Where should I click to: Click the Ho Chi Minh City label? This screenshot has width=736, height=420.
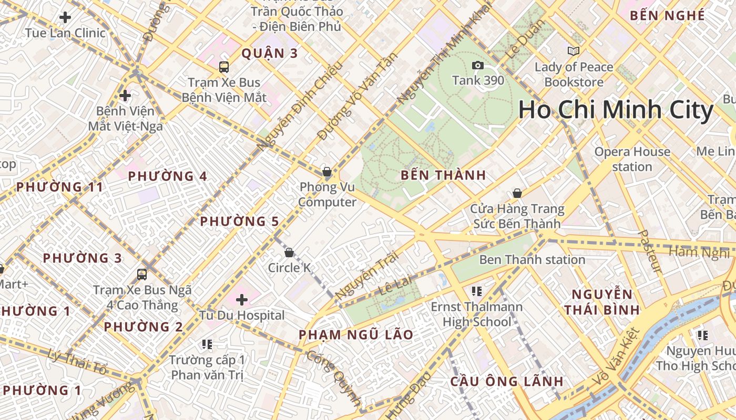click(x=616, y=110)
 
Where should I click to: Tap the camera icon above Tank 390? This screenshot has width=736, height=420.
click(x=478, y=65)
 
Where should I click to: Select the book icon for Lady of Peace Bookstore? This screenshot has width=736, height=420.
click(x=573, y=51)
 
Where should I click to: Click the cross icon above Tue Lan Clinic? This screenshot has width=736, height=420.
click(x=65, y=17)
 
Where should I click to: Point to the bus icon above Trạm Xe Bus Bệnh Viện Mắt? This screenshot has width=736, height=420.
click(x=224, y=67)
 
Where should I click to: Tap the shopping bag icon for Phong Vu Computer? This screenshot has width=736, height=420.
click(x=327, y=172)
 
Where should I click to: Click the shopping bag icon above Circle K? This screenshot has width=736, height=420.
click(x=289, y=253)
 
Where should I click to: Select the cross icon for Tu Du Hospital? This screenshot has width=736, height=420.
click(x=242, y=300)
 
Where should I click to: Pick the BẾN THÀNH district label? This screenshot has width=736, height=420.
click(x=443, y=175)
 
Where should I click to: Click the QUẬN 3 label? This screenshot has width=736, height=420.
click(x=270, y=53)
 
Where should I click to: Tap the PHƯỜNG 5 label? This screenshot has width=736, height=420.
click(x=239, y=222)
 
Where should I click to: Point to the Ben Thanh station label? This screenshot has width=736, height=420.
click(x=532, y=259)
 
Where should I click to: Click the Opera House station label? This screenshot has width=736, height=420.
click(x=632, y=159)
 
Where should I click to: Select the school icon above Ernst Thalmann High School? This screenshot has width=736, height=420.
click(x=477, y=291)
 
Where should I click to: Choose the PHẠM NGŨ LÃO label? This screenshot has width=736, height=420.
click(x=356, y=334)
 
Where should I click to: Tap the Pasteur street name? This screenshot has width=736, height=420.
click(x=650, y=251)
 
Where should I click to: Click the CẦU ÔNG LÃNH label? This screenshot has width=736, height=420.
click(x=506, y=381)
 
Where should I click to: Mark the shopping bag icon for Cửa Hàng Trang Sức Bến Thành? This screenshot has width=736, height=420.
click(x=517, y=193)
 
